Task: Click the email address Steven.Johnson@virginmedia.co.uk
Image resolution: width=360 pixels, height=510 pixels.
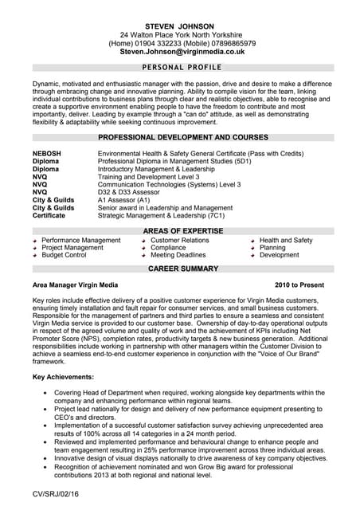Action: pyautogui.click(x=182, y=51)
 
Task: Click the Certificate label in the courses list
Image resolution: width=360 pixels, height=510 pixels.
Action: pyautogui.click(x=49, y=215)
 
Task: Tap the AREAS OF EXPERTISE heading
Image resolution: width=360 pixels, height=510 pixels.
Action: pyautogui.click(x=182, y=230)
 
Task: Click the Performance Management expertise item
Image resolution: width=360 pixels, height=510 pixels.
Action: pyautogui.click(x=81, y=240)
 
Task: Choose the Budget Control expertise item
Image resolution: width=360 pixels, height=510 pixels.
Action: pyautogui.click(x=64, y=255)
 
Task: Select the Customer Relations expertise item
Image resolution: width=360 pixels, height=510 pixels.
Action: pyautogui.click(x=180, y=240)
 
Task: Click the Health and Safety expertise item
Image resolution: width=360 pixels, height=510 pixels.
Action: pyautogui.click(x=286, y=240)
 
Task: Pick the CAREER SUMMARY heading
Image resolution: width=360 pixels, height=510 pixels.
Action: pyautogui.click(x=182, y=269)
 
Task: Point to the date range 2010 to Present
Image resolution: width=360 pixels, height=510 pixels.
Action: pyautogui.click(x=299, y=284)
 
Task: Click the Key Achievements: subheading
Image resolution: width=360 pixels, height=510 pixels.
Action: pyautogui.click(x=63, y=376)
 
